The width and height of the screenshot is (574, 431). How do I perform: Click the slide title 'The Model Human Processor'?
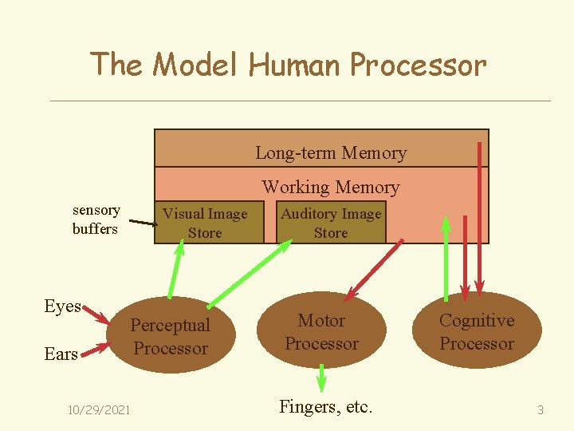point(288,64)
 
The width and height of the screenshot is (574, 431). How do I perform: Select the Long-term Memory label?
point(331,152)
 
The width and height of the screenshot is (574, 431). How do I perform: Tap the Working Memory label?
point(331,187)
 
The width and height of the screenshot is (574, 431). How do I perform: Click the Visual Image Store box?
point(210,222)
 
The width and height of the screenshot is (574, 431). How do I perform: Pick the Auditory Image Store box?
point(331,222)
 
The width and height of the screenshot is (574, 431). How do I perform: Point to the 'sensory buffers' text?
point(96,219)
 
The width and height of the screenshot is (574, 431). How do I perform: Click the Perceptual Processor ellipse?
point(171,334)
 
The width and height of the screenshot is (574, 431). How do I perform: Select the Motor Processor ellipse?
point(321,330)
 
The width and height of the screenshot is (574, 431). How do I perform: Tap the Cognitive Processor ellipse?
point(477,330)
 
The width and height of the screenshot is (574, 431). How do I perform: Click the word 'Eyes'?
point(63,306)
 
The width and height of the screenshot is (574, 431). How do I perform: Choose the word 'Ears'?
point(61,354)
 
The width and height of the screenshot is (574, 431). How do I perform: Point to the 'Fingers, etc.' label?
point(326,406)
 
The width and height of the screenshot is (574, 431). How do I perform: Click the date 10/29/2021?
point(99,409)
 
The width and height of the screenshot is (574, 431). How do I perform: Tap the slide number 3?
point(541,409)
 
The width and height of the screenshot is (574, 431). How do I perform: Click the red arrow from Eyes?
point(96,315)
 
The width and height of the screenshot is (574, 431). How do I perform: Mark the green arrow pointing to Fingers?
point(321,378)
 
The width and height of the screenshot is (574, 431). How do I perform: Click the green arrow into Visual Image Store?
point(175,269)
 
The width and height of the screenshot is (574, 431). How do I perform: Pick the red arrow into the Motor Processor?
point(373,271)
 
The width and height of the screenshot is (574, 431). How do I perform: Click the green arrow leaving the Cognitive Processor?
point(446,259)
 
